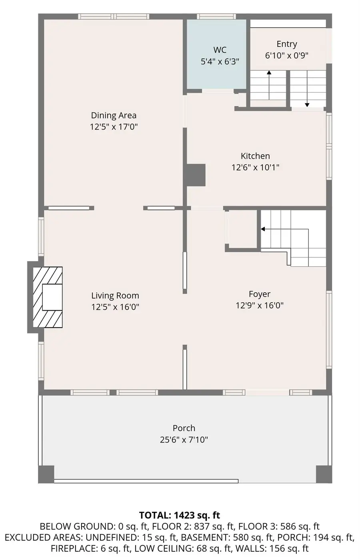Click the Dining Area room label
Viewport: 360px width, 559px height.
(x=114, y=116)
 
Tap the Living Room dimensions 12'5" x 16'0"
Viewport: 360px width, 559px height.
(x=115, y=307)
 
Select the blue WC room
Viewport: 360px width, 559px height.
(x=216, y=54)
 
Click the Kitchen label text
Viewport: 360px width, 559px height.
(x=255, y=156)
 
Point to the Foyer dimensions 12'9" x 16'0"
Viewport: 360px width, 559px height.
(x=260, y=305)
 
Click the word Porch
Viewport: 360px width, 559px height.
(x=184, y=428)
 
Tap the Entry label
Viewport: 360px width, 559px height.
(x=287, y=44)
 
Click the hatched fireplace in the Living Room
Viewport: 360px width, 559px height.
(x=48, y=297)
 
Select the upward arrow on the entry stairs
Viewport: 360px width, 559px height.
(x=269, y=85)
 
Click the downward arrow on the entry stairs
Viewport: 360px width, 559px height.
(x=307, y=89)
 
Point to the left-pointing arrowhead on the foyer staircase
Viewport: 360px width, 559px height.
(x=263, y=229)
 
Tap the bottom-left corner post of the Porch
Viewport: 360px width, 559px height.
(x=46, y=474)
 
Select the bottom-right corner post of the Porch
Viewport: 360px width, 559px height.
(x=324, y=474)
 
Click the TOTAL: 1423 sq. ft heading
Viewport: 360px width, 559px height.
(x=180, y=515)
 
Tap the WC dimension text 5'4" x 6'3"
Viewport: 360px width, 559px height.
(x=220, y=62)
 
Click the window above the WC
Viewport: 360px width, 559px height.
(x=216, y=16)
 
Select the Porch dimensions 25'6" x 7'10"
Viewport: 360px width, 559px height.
(x=184, y=440)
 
